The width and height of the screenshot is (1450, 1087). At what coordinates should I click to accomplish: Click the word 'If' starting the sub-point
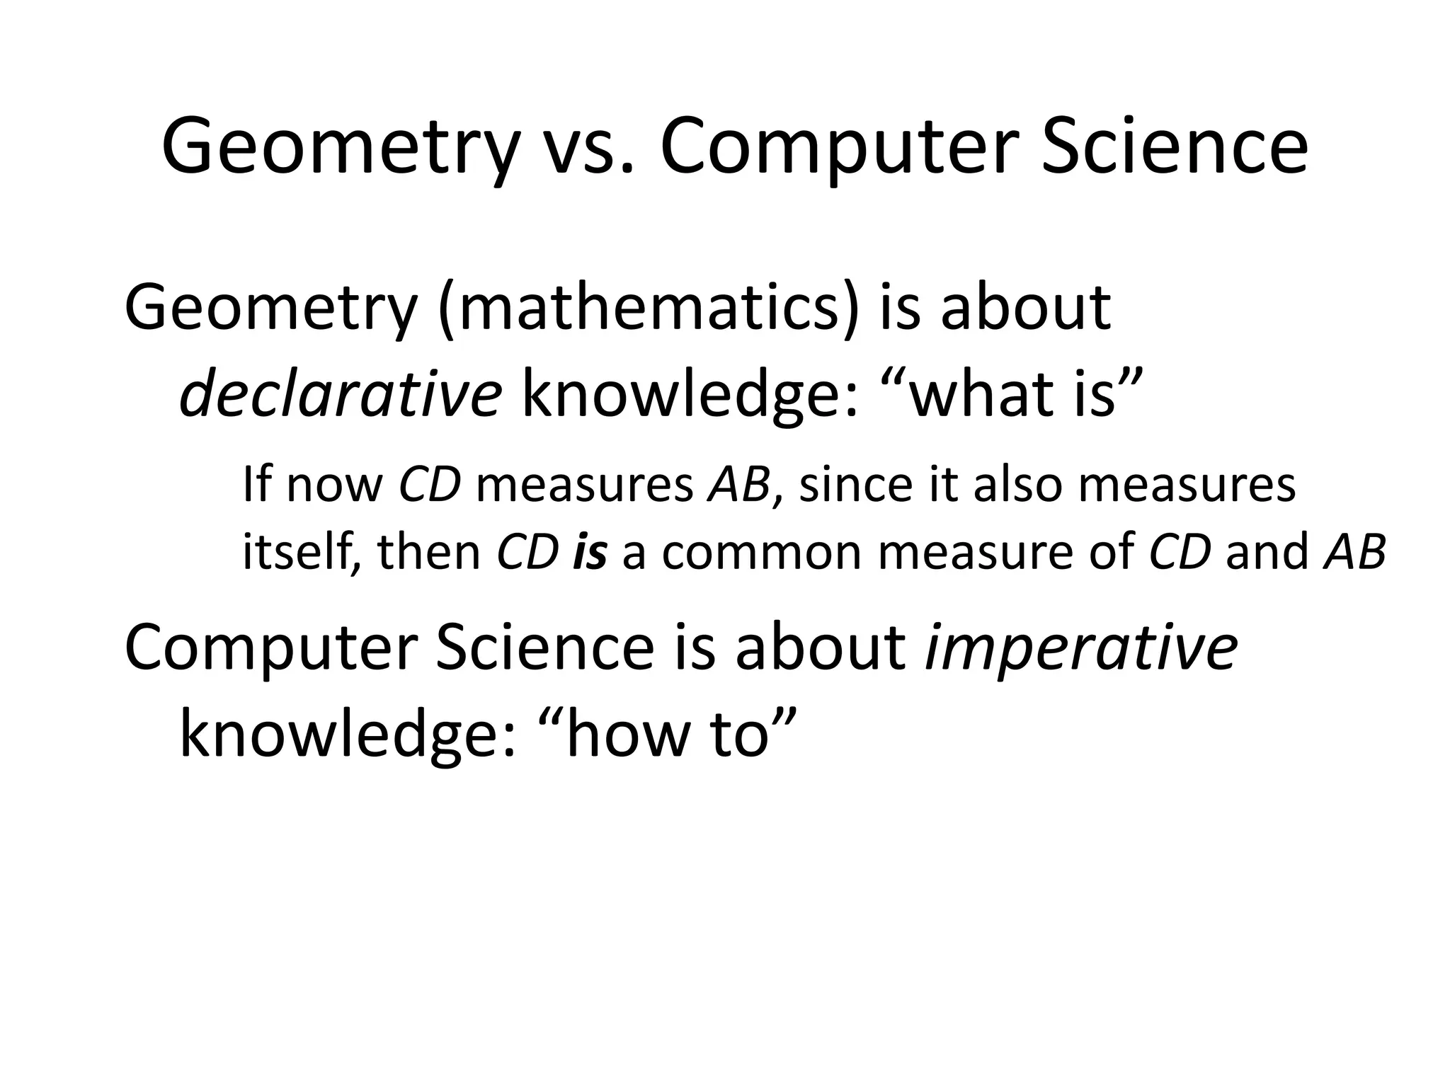tap(257, 485)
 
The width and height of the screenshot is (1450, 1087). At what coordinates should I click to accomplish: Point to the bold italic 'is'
tap(590, 551)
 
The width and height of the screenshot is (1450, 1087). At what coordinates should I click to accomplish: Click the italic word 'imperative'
tap(1080, 648)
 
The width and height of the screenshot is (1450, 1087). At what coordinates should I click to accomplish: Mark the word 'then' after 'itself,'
tap(429, 551)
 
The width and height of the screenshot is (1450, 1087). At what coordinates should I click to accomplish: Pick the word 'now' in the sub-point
tap(334, 486)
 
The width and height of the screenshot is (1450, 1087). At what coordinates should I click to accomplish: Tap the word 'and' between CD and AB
tap(1267, 551)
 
